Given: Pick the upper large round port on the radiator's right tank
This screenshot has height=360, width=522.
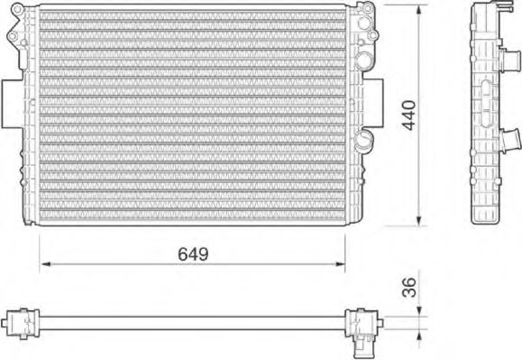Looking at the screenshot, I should pos(364,60).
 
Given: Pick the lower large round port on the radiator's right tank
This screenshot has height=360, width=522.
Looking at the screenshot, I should pos(364,138).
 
